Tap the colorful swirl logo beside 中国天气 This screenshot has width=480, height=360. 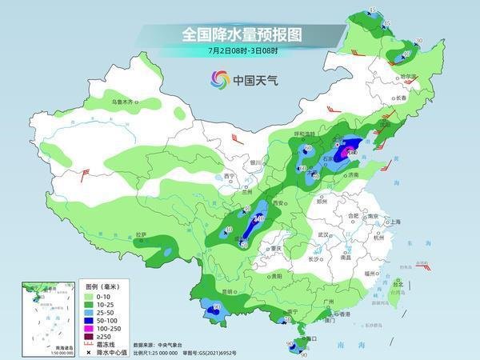click(x=219, y=79)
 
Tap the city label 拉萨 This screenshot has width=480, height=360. click(x=142, y=234)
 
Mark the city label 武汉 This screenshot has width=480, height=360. click(x=323, y=234)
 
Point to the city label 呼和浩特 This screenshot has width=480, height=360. click(x=284, y=134)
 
